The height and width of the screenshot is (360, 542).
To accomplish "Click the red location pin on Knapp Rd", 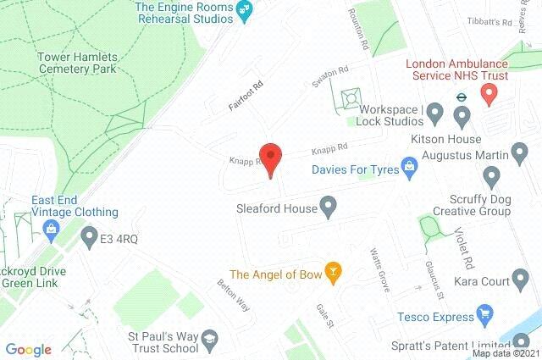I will [x=270, y=158].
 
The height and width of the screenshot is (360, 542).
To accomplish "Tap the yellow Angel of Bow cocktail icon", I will [x=334, y=273].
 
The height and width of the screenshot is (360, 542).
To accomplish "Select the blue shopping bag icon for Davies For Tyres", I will [x=410, y=166].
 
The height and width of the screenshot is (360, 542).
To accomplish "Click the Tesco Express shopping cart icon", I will [x=485, y=318].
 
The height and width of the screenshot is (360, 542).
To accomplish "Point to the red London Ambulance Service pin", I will [x=488, y=95].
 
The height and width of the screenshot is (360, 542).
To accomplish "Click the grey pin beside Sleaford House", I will [x=328, y=206].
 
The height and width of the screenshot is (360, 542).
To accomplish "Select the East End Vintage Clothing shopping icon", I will [x=52, y=228].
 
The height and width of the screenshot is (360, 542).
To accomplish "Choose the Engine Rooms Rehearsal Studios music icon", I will [x=245, y=12].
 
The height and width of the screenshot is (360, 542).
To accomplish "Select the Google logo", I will [x=29, y=349].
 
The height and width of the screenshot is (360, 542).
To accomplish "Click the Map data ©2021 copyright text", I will [x=505, y=352].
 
